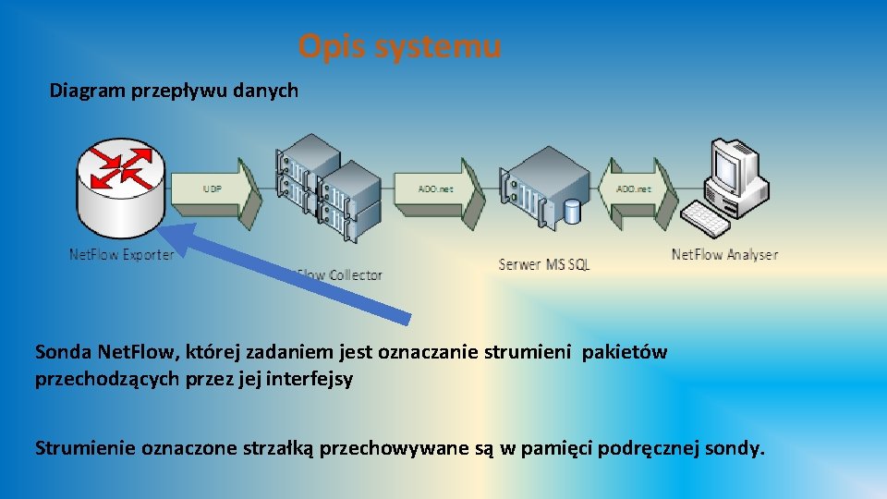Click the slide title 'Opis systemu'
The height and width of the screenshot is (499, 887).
coord(399,45)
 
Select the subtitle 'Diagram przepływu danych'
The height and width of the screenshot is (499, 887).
coord(174,91)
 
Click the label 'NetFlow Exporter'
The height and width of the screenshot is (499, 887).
coord(121,254)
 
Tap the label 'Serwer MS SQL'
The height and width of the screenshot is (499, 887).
coord(543,264)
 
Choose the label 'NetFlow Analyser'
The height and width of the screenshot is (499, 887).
coord(724,254)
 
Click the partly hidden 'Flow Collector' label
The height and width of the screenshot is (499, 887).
coord(340,274)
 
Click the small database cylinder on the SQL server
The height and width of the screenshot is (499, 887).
coord(573,212)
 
